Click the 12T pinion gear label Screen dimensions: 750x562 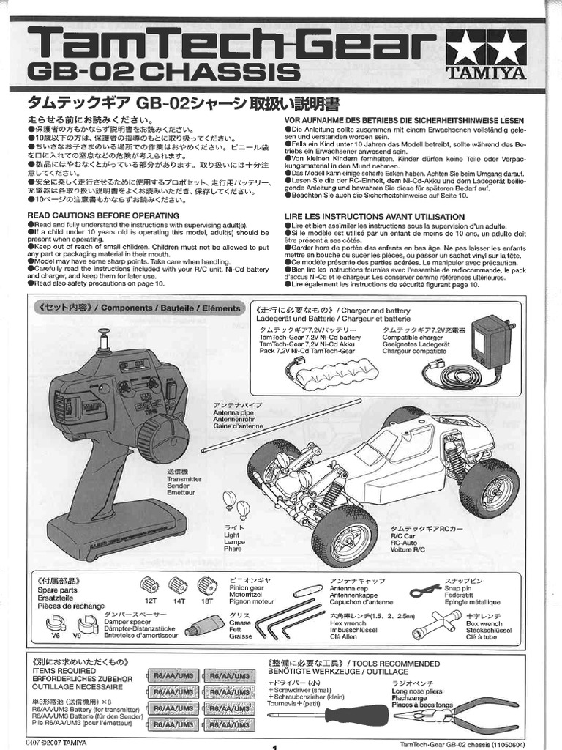point(149,600)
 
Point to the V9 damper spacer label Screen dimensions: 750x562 point(77,636)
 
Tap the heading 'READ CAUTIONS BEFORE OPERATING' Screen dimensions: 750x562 point(103,215)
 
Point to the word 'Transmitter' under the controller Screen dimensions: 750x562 point(184,478)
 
